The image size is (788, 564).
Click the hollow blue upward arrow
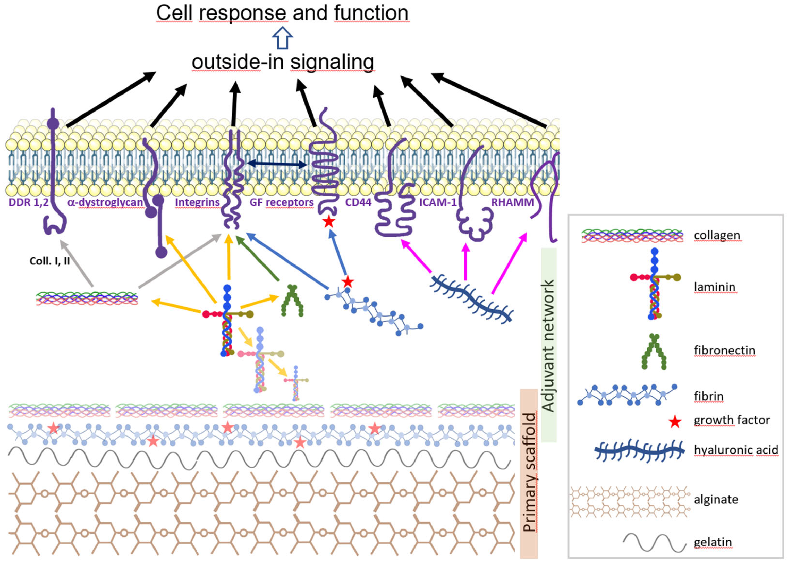coord(282,38)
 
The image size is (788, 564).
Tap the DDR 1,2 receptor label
coord(29,202)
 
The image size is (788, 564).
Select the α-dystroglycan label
coord(105,202)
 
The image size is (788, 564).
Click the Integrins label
coord(197,202)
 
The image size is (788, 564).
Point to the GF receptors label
coord(281,202)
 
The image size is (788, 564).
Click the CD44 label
coord(358,202)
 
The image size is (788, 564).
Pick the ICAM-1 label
coord(438,202)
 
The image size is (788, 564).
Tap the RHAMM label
coord(512,202)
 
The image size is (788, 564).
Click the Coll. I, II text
coord(50,261)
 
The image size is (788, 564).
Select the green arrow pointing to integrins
coord(258,258)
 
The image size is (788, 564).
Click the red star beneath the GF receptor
coord(328,221)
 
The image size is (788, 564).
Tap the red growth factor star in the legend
coord(675,422)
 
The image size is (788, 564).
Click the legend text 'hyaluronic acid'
coord(735,450)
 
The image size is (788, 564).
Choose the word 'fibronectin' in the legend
coord(724,351)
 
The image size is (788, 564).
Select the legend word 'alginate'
coord(716,499)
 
